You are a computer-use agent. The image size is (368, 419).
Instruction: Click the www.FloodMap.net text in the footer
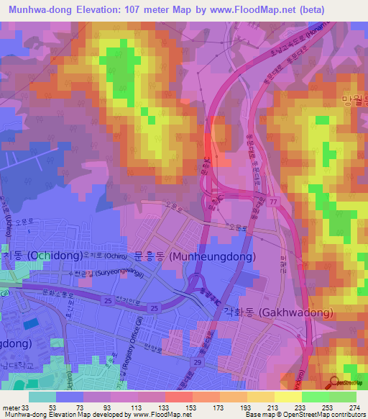tap(157, 415)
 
